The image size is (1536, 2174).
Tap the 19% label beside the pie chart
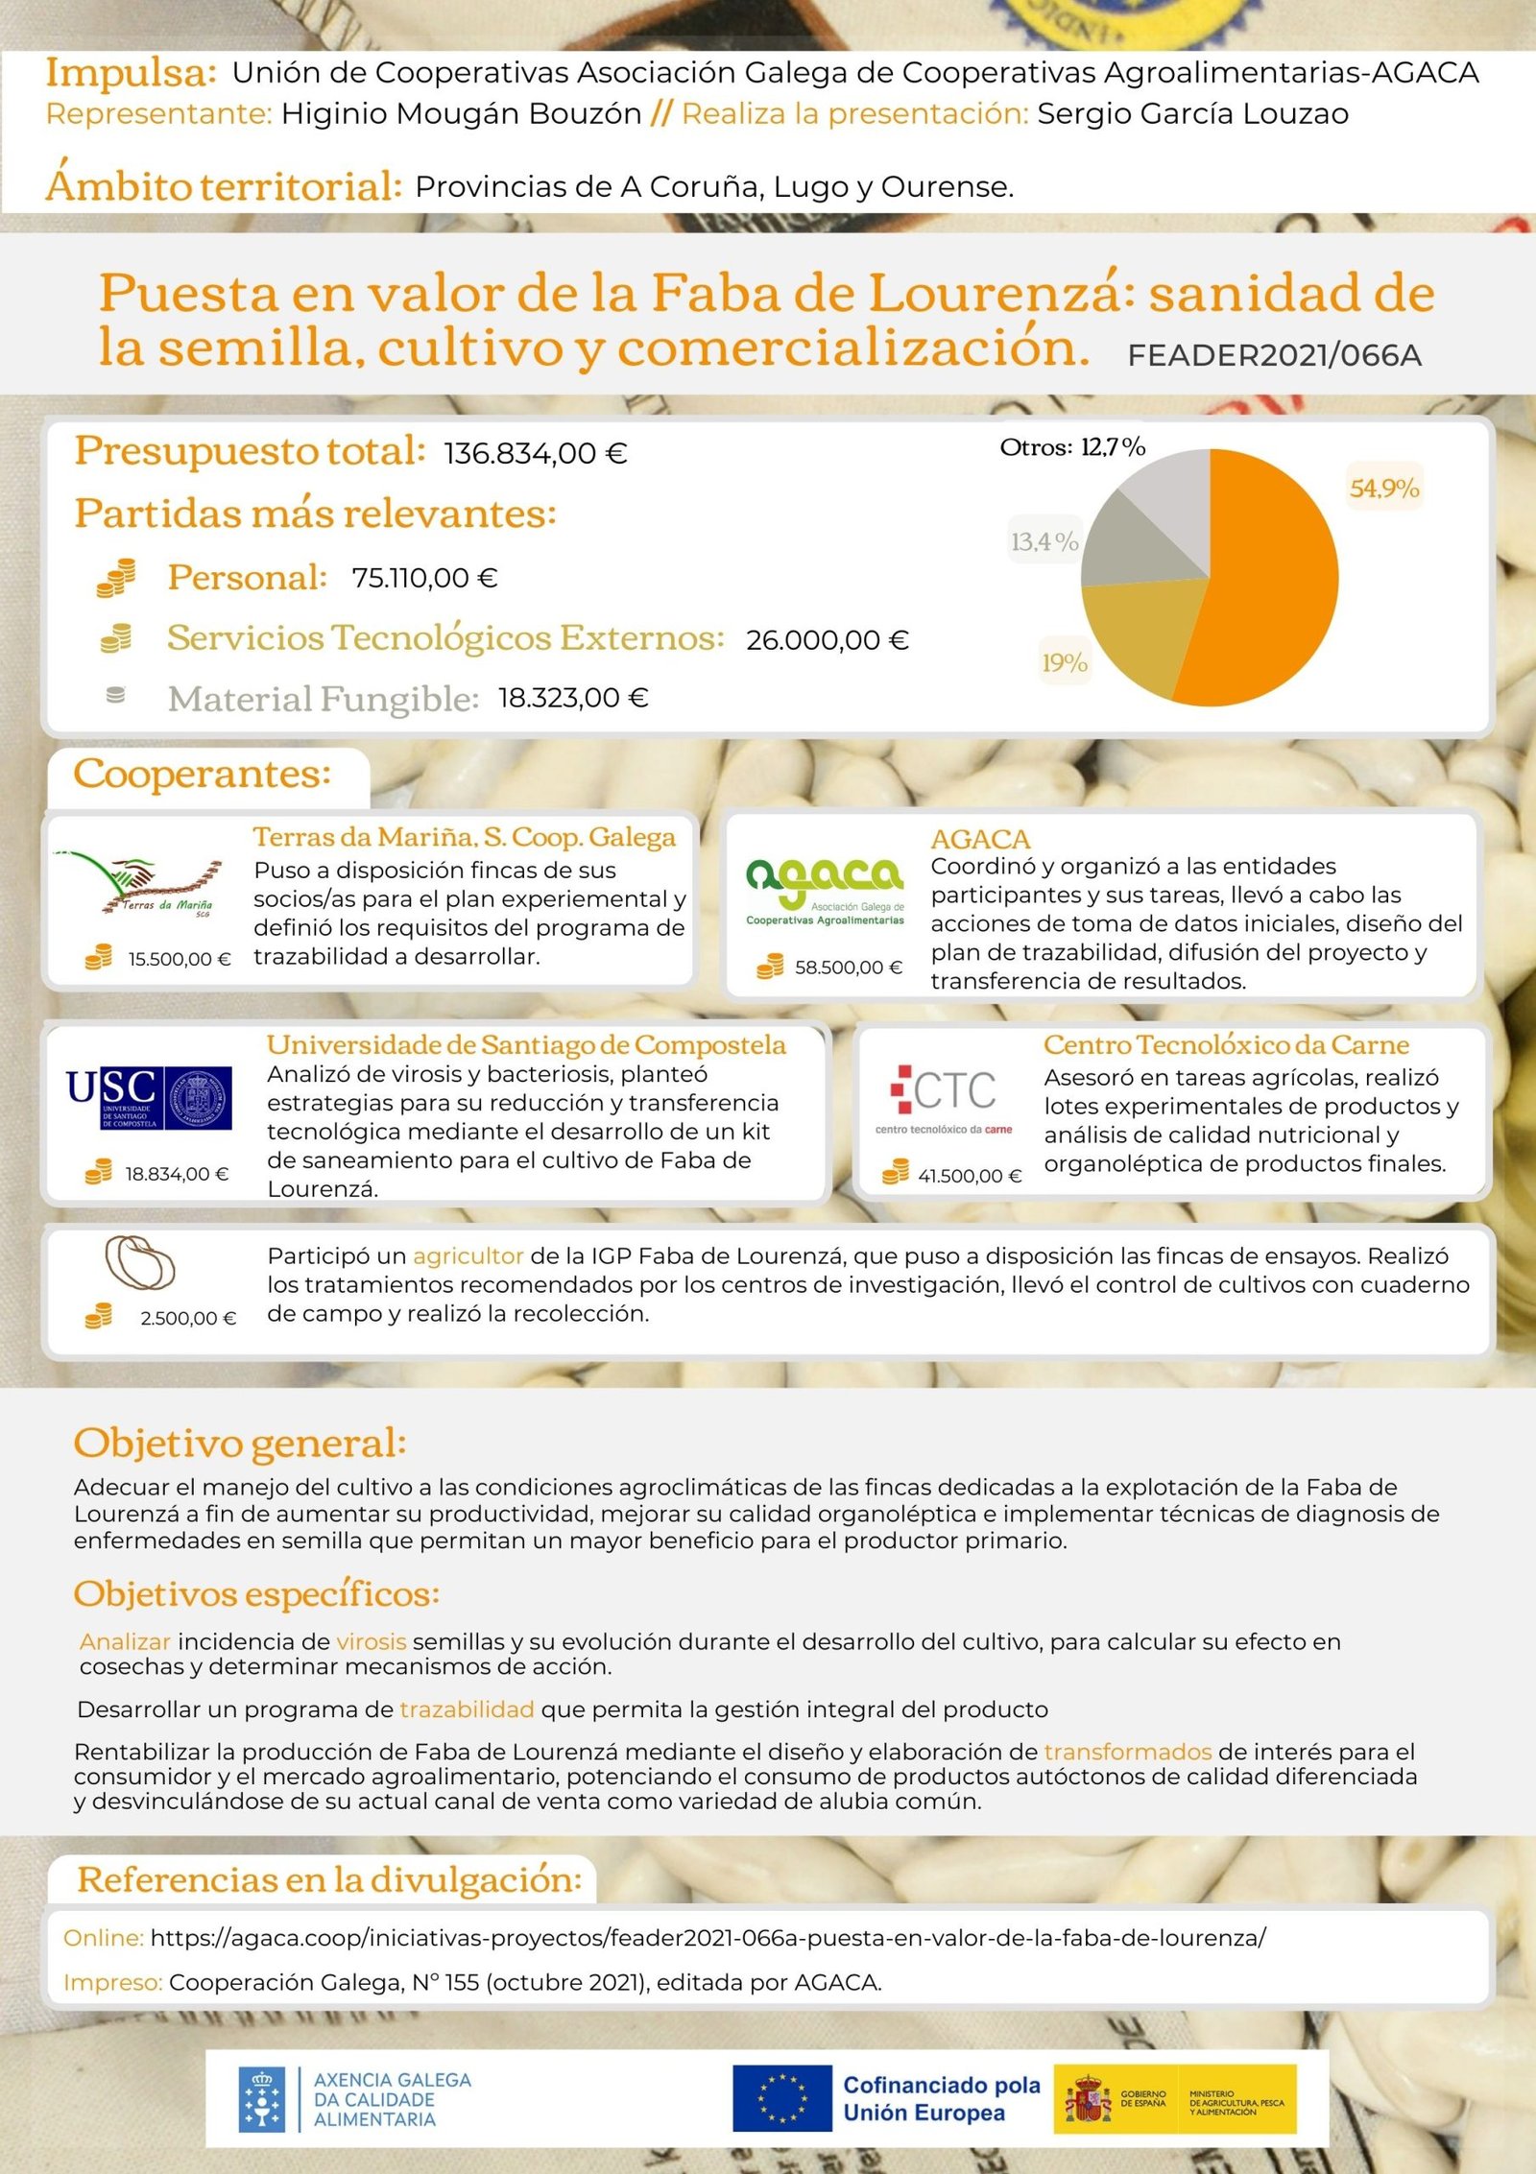click(x=1065, y=662)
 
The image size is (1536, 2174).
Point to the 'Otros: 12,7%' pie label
click(x=1072, y=447)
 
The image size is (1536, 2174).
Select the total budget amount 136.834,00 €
click(x=536, y=453)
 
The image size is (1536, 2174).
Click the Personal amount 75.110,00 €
click(x=424, y=578)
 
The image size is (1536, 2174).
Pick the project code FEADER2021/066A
click(x=1274, y=356)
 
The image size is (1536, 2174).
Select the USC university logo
click(x=149, y=1097)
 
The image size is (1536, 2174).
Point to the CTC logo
click(x=944, y=1097)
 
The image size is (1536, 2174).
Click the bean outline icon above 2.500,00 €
click(x=139, y=1262)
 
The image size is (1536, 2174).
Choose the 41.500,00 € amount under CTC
click(x=970, y=1176)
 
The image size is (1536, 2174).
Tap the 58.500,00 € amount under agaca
click(x=848, y=968)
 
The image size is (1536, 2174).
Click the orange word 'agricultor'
click(x=468, y=1256)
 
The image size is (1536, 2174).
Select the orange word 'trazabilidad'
click(x=467, y=1709)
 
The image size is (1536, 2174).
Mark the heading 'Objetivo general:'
click(x=240, y=1444)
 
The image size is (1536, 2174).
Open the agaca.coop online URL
click(x=708, y=1938)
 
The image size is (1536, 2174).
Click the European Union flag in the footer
click(x=781, y=2098)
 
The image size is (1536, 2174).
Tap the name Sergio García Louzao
click(x=1192, y=114)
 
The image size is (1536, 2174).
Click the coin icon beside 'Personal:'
click(x=116, y=578)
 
